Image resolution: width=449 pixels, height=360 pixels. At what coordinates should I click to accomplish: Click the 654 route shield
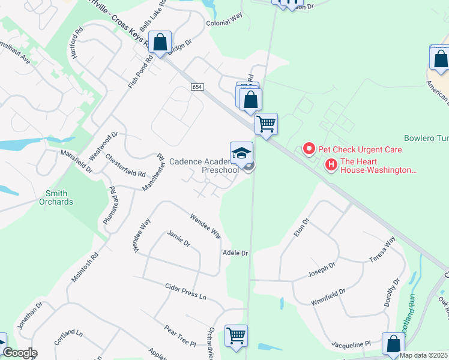[x=197, y=87]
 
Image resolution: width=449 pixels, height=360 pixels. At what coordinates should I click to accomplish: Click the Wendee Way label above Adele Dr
[x=206, y=226]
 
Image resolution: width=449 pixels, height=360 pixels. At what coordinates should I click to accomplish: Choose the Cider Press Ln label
[x=185, y=292]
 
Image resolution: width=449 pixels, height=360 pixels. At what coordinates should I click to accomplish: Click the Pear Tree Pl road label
[x=180, y=335]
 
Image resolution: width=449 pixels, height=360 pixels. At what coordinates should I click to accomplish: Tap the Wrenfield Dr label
[x=328, y=297]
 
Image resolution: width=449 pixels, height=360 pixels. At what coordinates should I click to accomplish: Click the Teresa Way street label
[x=382, y=250]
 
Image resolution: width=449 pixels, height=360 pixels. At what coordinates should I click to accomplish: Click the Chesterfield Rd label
[x=125, y=166]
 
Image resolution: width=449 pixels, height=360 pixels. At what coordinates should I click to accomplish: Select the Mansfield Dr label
[x=76, y=161]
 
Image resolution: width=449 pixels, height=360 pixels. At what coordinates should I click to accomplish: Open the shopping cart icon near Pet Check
[x=266, y=124]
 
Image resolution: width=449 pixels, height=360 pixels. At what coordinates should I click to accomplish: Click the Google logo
[x=19, y=353]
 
